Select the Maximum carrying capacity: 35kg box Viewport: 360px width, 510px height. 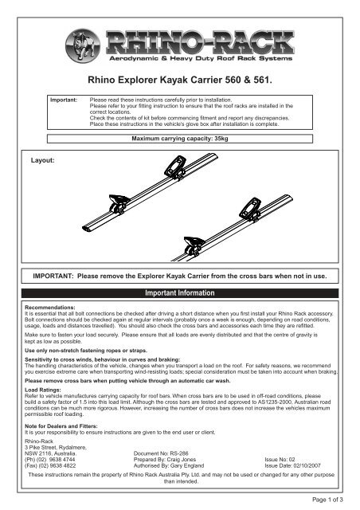click(180, 139)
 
